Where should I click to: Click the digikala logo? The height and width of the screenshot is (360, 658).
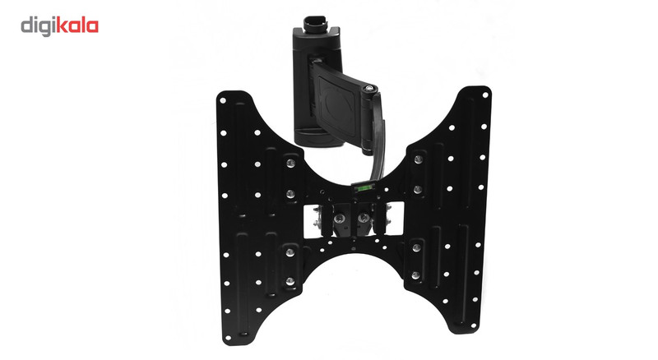pos(59,26)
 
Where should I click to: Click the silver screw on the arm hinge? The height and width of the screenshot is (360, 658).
pos(368,89)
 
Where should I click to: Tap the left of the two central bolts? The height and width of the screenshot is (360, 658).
pos(338,219)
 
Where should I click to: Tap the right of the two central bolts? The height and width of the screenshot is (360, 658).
pos(364,218)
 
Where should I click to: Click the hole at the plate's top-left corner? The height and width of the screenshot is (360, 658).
pos(223,101)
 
